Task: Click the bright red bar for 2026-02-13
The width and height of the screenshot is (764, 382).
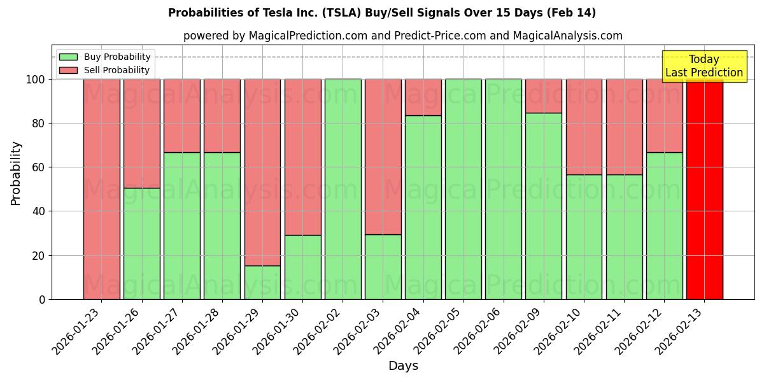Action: pos(704,191)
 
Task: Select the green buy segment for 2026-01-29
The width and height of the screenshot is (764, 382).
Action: pos(262,282)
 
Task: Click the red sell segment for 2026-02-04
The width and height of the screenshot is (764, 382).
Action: pos(423,97)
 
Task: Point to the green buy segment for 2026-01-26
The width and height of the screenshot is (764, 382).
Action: pos(142,243)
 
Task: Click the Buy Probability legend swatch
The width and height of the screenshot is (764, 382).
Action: pos(68,57)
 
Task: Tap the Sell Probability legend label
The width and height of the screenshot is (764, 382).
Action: pos(117,70)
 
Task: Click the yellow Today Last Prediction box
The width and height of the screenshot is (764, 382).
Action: pos(704,66)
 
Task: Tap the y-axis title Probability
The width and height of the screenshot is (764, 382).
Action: pos(16,173)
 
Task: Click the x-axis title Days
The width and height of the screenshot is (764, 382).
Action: pos(403,366)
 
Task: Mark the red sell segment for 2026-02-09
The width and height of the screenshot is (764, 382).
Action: pos(544,95)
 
